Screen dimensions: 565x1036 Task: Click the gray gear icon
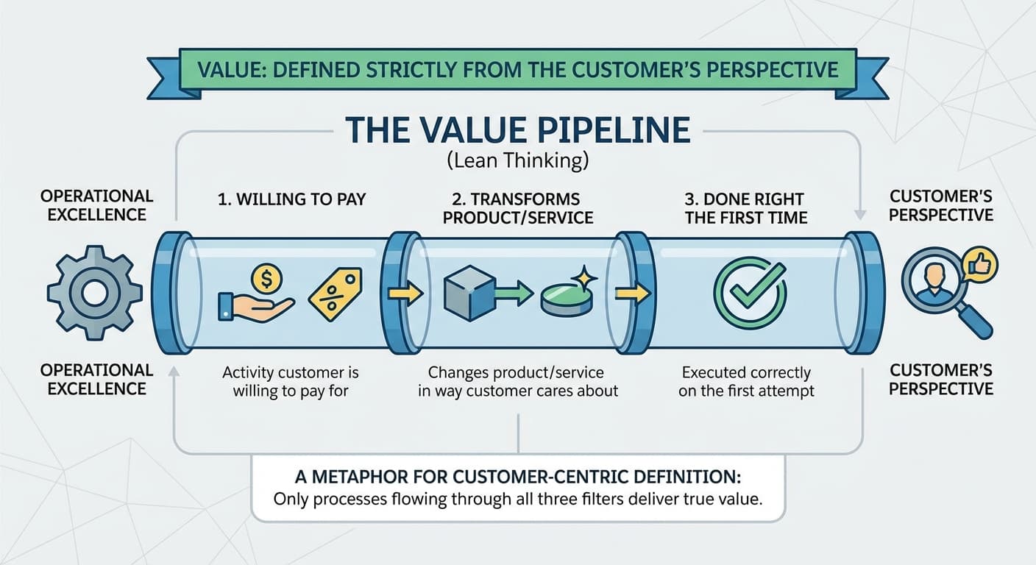tap(94, 293)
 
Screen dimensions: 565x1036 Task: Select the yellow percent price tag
tap(335, 294)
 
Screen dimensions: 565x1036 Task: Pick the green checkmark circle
tap(751, 292)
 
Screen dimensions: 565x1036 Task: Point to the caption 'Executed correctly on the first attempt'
tap(746, 382)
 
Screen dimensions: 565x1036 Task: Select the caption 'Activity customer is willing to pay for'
tap(291, 382)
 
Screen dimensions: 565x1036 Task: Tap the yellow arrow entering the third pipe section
tap(631, 294)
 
